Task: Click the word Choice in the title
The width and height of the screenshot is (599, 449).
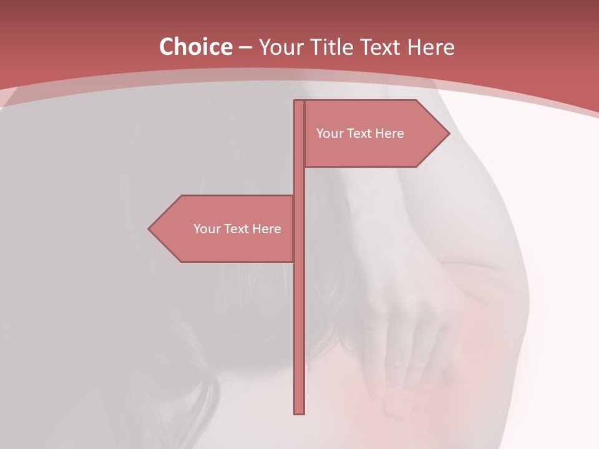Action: [x=195, y=47]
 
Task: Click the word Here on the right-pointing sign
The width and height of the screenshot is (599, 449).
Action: [x=390, y=133]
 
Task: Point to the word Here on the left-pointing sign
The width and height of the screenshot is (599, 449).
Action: [x=267, y=229]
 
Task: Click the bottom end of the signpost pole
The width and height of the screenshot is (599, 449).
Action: [x=299, y=412]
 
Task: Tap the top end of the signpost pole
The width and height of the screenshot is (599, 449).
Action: [x=299, y=102]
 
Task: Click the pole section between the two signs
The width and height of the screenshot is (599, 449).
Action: [x=299, y=181]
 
